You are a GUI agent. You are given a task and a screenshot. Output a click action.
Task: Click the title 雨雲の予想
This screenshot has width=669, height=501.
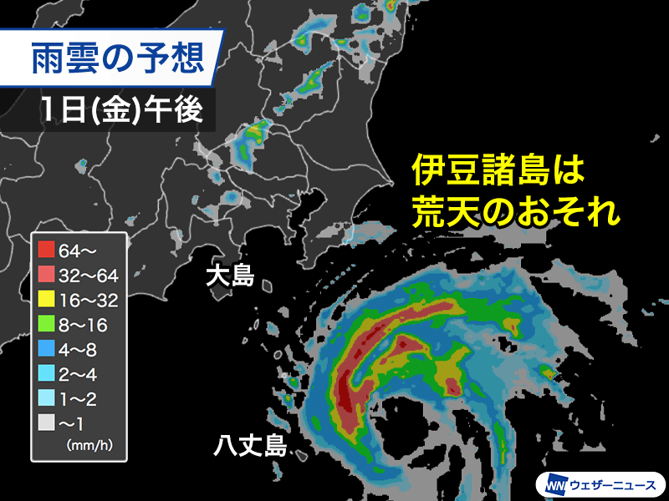pos(116,58)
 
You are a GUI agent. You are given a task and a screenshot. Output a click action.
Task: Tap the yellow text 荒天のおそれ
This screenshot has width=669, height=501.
pos(515,213)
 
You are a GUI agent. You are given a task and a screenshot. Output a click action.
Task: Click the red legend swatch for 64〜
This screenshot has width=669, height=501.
pos(47,249)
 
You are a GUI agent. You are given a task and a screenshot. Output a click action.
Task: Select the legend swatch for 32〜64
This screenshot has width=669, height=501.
pos(47,273)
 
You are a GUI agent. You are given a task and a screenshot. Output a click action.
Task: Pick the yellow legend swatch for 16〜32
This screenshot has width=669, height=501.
pos(47,297)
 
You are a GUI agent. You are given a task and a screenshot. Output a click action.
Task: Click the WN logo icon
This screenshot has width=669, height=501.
pos(554,483)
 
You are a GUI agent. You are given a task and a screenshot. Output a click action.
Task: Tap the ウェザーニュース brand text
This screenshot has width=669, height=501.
pos(612,484)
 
